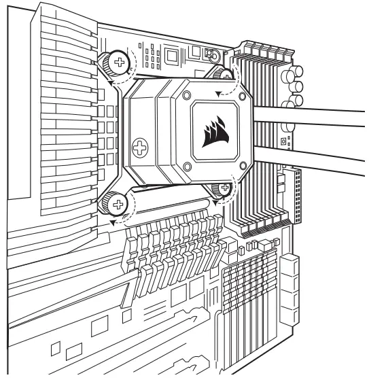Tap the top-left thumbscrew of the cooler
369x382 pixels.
click(x=120, y=63)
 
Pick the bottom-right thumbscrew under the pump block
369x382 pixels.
click(x=221, y=191)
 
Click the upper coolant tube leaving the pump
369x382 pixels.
click(x=313, y=116)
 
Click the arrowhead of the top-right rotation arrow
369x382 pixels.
click(x=217, y=92)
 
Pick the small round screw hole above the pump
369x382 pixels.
click(x=213, y=56)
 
